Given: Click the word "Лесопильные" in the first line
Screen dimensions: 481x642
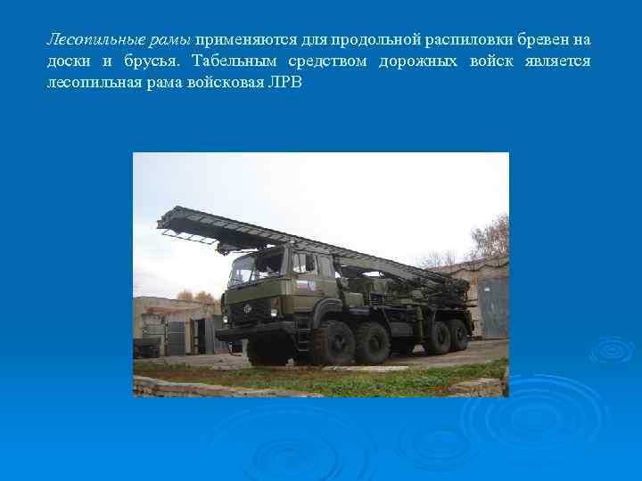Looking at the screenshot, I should pyautogui.click(x=86, y=40).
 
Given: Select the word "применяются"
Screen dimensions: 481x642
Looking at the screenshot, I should pyautogui.click(x=237, y=40).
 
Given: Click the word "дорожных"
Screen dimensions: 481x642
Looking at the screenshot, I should pyautogui.click(x=418, y=61).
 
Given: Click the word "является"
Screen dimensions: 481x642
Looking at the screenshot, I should pyautogui.click(x=557, y=61).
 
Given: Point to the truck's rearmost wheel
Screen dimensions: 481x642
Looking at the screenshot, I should pyautogui.click(x=458, y=335).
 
